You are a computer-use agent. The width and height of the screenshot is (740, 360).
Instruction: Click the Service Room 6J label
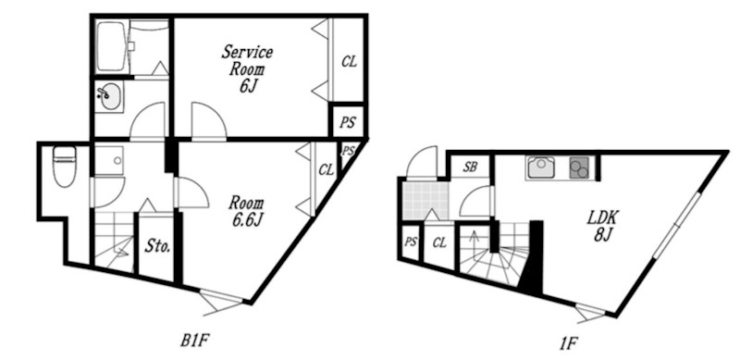tap(246, 69)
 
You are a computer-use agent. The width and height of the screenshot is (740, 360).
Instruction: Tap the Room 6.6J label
tap(246, 211)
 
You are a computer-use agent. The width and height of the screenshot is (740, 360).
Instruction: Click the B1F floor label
tap(194, 341)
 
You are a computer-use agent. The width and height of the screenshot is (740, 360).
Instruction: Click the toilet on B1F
tap(65, 167)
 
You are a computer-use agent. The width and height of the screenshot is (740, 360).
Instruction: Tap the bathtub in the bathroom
tap(112, 47)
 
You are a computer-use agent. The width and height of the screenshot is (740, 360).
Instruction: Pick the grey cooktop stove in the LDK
tap(580, 168)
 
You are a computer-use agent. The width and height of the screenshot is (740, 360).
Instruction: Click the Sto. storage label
tap(157, 246)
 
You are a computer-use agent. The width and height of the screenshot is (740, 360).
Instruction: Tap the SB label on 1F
tap(470, 167)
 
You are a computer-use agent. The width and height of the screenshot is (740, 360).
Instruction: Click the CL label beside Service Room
tap(349, 62)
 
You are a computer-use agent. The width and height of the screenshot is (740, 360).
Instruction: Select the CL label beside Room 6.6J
tap(326, 169)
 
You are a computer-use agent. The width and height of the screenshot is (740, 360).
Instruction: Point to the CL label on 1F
tap(439, 243)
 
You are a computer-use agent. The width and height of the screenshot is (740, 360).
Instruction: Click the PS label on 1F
tap(411, 242)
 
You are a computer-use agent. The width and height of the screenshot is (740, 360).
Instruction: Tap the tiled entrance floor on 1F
tap(425, 200)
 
